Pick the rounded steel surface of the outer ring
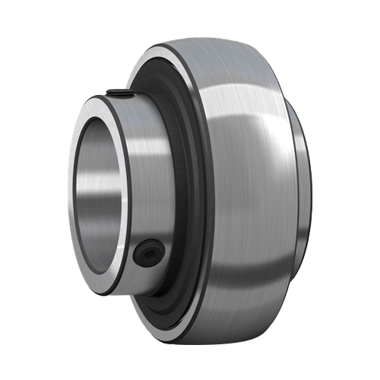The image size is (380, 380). pos(243,190)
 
